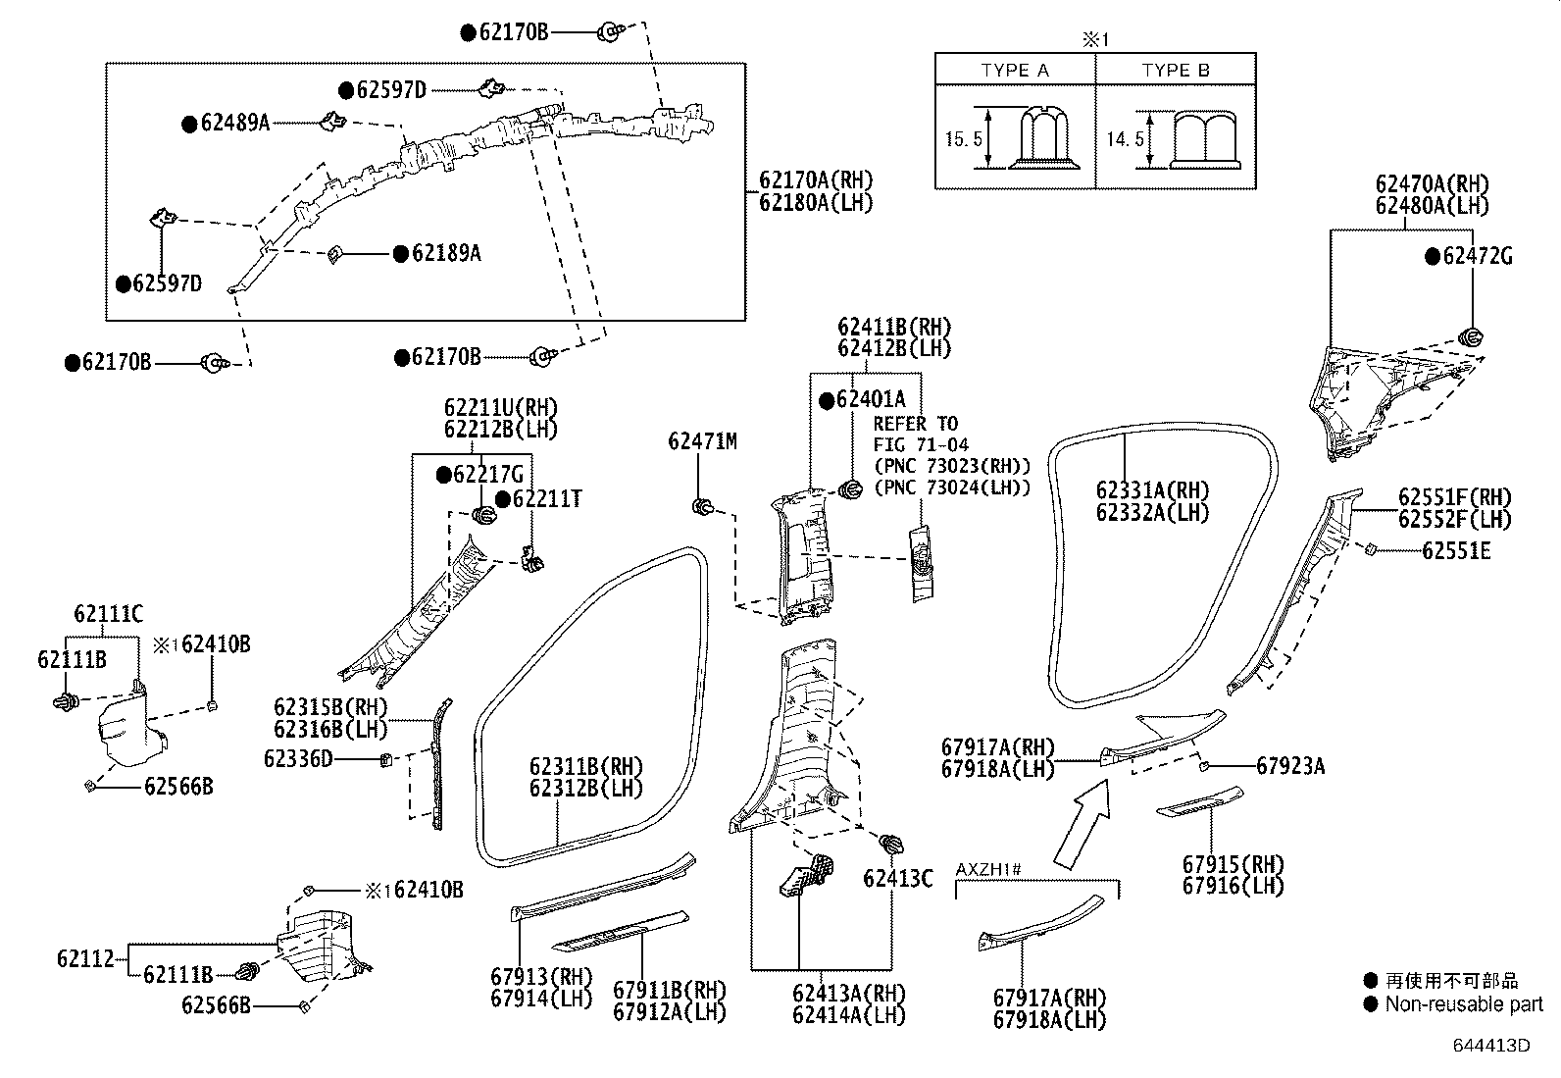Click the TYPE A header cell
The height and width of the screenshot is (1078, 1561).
[1015, 70]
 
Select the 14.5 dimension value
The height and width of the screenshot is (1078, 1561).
[1125, 139]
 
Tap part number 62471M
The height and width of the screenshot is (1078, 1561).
[702, 441]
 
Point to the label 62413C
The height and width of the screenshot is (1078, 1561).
[898, 878]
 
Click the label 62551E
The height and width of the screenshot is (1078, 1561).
[1456, 551]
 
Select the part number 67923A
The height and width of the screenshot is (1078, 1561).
[1290, 766]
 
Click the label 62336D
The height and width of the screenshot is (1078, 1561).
[298, 758]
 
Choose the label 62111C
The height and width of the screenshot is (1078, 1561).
[108, 615]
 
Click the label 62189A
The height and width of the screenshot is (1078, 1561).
[446, 253]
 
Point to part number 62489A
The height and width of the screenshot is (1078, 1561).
[234, 124]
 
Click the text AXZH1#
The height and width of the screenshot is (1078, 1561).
[989, 869]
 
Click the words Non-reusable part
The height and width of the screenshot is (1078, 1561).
[1463, 1004]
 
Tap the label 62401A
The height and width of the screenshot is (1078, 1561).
[871, 400]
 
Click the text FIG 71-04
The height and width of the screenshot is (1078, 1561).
[921, 444]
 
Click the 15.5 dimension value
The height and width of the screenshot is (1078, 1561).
[963, 139]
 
